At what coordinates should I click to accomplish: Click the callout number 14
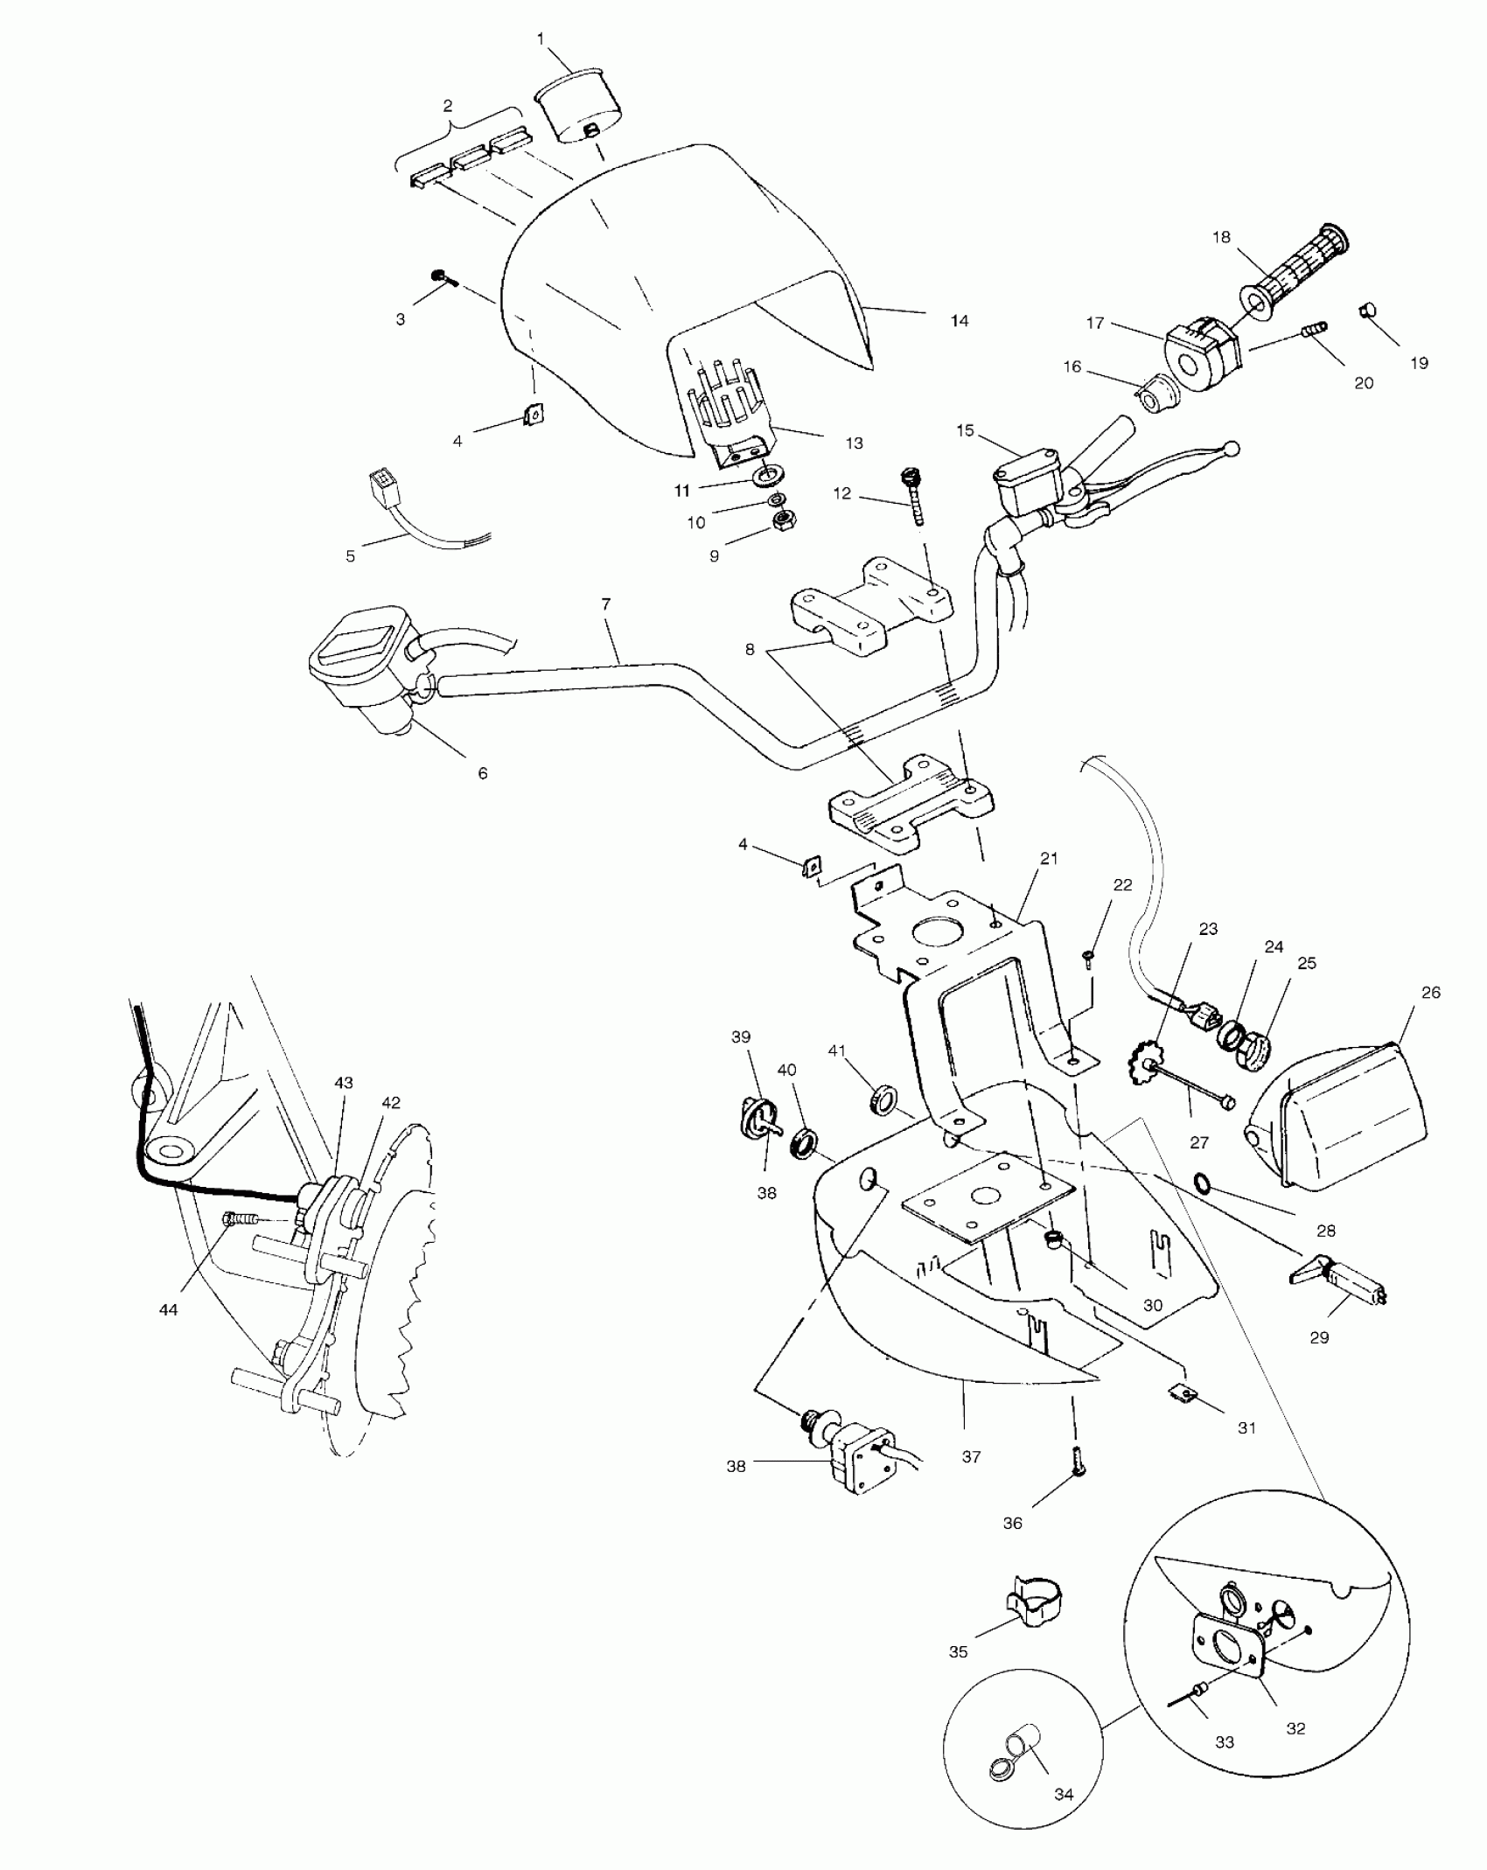click(960, 321)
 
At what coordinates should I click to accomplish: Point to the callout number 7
click(606, 604)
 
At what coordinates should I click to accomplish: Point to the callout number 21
click(1049, 859)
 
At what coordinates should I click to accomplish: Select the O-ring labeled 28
click(1204, 1184)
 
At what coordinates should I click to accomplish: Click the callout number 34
click(1063, 1794)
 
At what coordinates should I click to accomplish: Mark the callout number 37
click(971, 1457)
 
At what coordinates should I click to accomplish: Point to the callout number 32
click(1295, 1729)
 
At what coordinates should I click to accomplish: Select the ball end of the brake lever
click(1232, 449)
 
